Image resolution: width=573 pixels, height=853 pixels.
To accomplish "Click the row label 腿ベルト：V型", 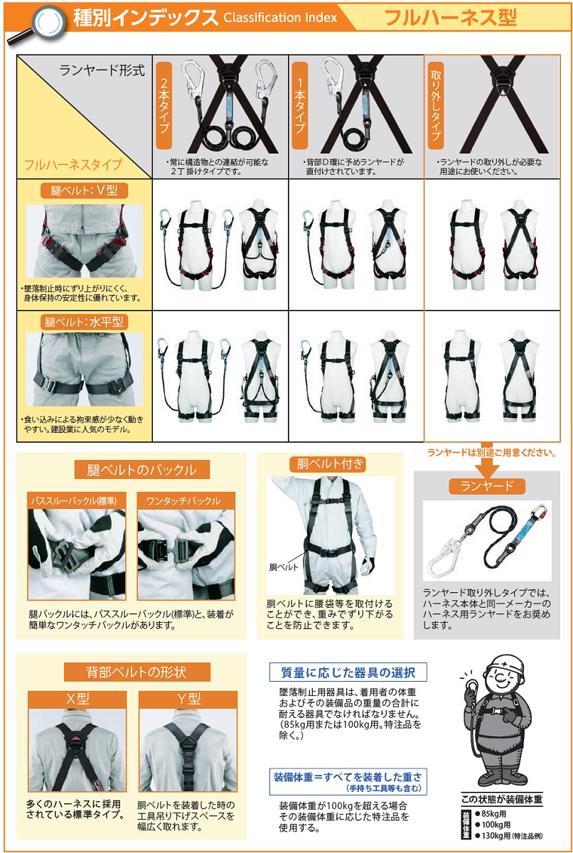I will point(83,191).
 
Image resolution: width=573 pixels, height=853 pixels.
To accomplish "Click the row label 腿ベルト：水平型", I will point(83,321).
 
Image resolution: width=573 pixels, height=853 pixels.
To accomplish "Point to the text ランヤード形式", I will point(102,70).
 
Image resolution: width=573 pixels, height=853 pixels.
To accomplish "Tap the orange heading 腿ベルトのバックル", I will point(141,470).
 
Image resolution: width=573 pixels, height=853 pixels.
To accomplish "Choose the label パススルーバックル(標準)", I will point(74,500).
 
